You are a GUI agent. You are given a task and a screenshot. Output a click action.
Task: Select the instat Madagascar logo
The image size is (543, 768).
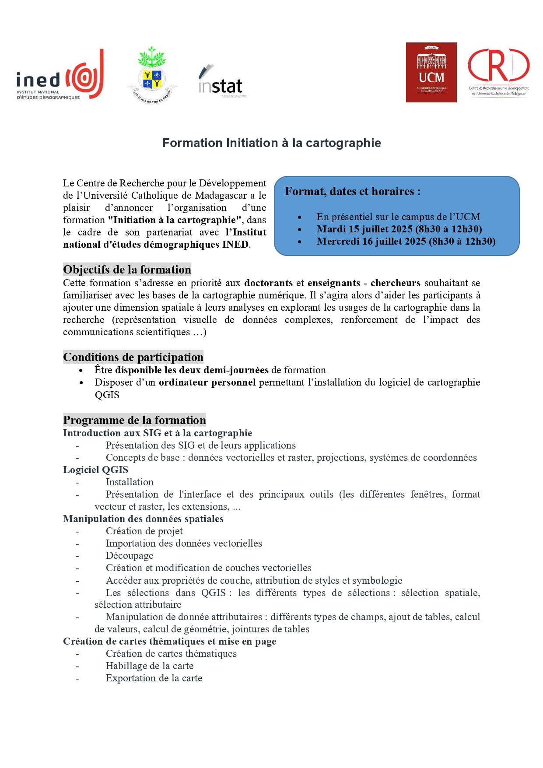click(x=221, y=82)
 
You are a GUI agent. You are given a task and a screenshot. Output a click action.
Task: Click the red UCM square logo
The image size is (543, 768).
click(x=431, y=73)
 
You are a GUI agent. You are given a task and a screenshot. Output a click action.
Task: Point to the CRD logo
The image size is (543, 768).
click(x=498, y=73)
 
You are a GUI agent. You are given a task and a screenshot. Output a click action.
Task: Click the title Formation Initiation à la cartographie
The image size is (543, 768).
click(x=271, y=143)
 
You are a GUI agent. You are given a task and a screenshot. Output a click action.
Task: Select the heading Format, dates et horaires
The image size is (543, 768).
click(x=353, y=192)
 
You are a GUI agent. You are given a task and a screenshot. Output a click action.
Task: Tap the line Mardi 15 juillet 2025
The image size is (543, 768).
click(x=399, y=229)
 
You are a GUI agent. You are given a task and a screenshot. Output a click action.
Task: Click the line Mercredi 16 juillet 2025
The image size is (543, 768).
click(x=406, y=241)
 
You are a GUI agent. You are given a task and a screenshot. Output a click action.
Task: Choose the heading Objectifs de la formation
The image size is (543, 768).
click(x=127, y=270)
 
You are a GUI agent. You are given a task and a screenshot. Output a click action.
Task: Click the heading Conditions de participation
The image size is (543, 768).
click(x=133, y=357)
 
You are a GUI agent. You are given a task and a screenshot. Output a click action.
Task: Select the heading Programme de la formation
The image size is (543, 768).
click(x=134, y=420)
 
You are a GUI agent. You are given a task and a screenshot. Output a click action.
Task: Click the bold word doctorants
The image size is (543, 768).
click(x=268, y=283)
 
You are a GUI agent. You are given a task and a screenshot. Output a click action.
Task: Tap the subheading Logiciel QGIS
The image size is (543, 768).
click(x=95, y=470)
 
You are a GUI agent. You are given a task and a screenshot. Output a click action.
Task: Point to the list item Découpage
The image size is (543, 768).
click(x=130, y=556)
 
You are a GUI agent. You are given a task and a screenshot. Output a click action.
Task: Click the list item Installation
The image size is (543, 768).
click(x=130, y=482)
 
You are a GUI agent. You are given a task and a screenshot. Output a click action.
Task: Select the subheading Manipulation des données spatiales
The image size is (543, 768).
click(x=143, y=519)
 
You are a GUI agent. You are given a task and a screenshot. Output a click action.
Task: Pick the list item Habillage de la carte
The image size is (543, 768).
click(x=150, y=666)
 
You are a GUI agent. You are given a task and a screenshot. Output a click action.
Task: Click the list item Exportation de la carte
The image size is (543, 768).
click(x=154, y=678)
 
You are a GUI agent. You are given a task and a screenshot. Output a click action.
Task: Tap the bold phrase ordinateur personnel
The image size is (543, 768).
click(x=207, y=382)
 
